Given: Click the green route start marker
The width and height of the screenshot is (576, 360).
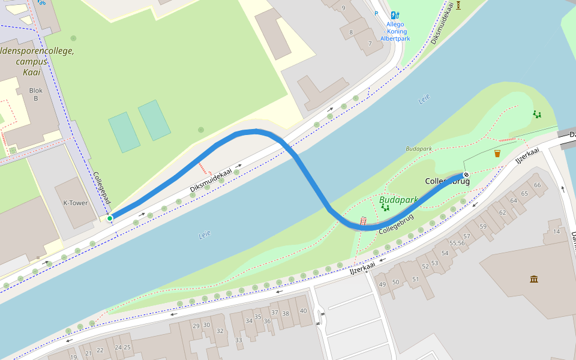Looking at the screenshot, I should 110,218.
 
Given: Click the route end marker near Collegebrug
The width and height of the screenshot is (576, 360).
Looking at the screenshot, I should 466,175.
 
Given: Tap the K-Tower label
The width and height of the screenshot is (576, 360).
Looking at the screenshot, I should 76,203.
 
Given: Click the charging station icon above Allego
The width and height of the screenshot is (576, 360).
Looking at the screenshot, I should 395,15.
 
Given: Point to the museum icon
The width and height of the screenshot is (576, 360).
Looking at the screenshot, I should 534,279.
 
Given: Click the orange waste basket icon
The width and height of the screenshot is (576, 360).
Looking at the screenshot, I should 497,154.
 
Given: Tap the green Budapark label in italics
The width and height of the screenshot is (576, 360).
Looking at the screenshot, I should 398,200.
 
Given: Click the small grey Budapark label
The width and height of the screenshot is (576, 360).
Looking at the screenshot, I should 419,148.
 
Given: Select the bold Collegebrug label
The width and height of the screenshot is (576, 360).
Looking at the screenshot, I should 447,181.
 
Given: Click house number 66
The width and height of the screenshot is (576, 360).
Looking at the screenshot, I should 537,185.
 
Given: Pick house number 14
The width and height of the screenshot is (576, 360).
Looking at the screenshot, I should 557,231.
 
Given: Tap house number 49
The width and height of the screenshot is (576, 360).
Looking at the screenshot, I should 382,284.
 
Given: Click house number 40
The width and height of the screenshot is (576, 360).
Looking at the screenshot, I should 303,310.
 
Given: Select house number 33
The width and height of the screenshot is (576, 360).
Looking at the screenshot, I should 239,340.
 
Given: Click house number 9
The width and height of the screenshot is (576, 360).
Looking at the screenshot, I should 343,8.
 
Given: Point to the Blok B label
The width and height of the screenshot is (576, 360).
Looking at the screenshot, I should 35,94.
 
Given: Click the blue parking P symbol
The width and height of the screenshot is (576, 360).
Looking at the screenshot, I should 376,13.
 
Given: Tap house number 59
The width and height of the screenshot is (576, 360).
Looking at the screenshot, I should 483,226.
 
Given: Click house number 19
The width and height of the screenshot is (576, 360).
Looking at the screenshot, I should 73,357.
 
